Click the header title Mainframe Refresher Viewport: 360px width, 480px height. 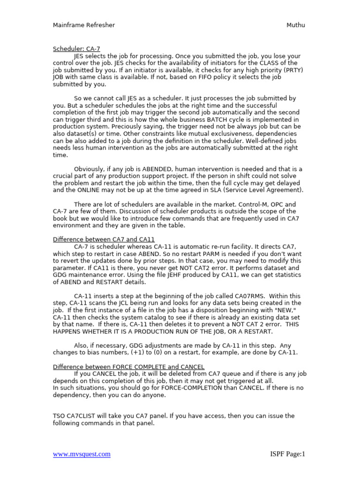pyautogui.click(x=83, y=25)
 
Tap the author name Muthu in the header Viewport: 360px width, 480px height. pyautogui.click(x=295, y=25)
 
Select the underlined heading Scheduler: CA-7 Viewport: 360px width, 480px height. pyautogui.click(x=76, y=48)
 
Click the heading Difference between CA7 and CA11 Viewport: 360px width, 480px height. pyautogui.click(x=104, y=240)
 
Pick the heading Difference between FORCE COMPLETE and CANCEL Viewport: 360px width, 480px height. pyautogui.click(x=128, y=367)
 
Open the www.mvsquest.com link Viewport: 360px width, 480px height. pyautogui.click(x=82, y=454)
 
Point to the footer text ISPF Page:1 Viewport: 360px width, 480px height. pyautogui.click(x=287, y=454)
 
